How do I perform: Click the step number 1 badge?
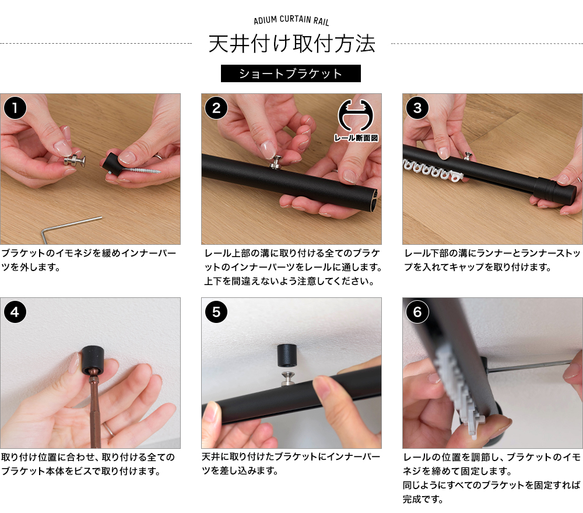pyautogui.click(x=15, y=108)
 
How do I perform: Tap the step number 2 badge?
pyautogui.click(x=216, y=108)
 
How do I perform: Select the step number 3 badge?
pyautogui.click(x=417, y=108)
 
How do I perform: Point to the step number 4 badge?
pyautogui.click(x=15, y=311)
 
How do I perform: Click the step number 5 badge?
pyautogui.click(x=216, y=311)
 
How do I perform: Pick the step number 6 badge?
pyautogui.click(x=417, y=311)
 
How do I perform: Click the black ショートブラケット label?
pyautogui.click(x=291, y=73)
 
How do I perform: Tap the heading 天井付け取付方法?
pyautogui.click(x=291, y=44)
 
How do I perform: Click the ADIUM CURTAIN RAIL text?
pyautogui.click(x=291, y=20)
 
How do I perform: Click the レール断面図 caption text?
pyautogui.click(x=356, y=138)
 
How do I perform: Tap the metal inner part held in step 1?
pyautogui.click(x=75, y=160)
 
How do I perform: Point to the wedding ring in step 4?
pyautogui.click(x=110, y=429)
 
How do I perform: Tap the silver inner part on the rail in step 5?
pyautogui.click(x=288, y=378)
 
